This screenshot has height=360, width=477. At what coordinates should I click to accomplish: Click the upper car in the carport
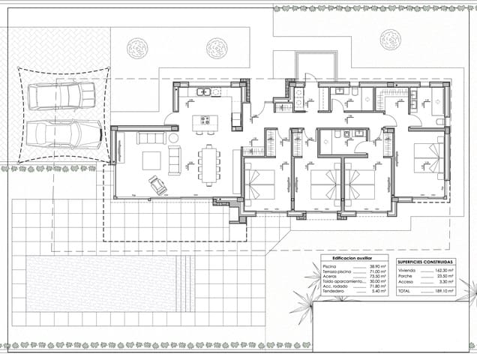tap(61, 96)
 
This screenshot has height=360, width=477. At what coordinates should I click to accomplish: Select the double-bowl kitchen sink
tap(204, 92)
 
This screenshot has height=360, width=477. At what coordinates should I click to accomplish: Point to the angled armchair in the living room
tap(158, 185)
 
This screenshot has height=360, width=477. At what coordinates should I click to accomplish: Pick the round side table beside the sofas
tap(173, 139)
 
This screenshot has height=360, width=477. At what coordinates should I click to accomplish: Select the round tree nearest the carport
tap(137, 48)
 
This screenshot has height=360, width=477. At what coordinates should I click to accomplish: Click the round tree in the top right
tap(390, 40)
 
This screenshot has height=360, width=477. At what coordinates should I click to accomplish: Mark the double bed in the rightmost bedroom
tap(428, 158)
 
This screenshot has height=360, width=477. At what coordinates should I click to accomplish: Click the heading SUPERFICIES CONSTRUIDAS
tap(424, 261)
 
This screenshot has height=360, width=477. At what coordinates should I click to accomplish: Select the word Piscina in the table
tap(329, 266)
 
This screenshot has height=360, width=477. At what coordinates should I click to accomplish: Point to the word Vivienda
tap(406, 269)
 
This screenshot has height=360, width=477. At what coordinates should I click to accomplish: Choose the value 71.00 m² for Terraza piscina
tap(377, 271)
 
